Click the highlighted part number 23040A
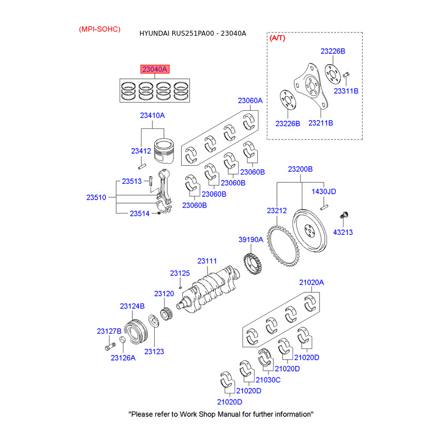pos(155,70)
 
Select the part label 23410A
pos(152,116)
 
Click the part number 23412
pos(140,150)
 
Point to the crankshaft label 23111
pos(207,261)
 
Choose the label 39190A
pos(251,240)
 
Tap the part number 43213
pos(344,232)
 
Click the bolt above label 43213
pos(345,215)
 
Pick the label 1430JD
pos(324,192)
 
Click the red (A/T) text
pos(278,38)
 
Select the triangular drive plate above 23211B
pos(311,88)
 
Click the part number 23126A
pos(123,357)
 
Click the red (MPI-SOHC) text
pos(99,29)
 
